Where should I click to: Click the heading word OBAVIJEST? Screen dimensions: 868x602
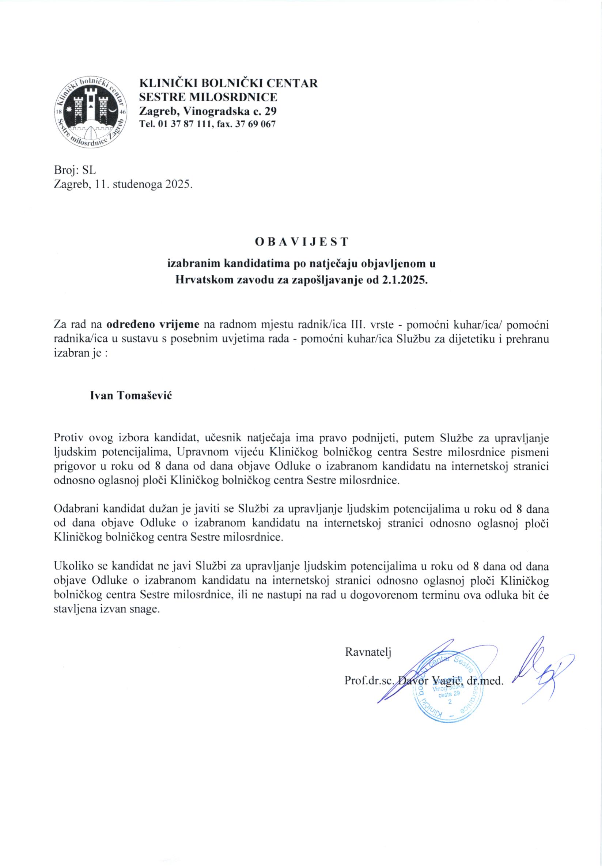[x=302, y=242]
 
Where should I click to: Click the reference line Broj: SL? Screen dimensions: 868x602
[x=75, y=170]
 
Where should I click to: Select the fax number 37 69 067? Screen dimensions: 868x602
[x=255, y=124]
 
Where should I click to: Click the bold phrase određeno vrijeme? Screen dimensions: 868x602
[x=153, y=324]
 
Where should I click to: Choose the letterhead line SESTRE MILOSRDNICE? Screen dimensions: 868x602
[x=208, y=97]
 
